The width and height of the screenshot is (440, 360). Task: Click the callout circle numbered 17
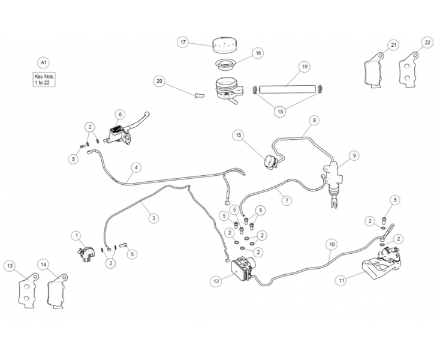tap(183, 43)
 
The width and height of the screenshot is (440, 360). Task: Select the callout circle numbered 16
tap(258, 53)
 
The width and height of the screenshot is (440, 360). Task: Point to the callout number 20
tap(159, 81)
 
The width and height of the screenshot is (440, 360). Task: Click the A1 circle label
tap(43, 62)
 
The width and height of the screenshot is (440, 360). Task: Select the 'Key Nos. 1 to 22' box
tap(42, 79)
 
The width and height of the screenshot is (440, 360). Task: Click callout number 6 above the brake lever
tap(120, 114)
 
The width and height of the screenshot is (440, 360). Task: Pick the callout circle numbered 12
tap(216, 280)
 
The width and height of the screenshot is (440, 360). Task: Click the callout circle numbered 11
tap(341, 280)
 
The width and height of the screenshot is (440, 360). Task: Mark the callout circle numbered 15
tap(239, 136)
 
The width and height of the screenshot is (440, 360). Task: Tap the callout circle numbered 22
tap(427, 43)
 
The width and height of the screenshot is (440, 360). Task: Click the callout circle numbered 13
tap(10, 265)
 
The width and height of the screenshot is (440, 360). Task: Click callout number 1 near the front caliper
tap(76, 235)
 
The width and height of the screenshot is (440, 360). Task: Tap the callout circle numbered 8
tap(314, 120)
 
